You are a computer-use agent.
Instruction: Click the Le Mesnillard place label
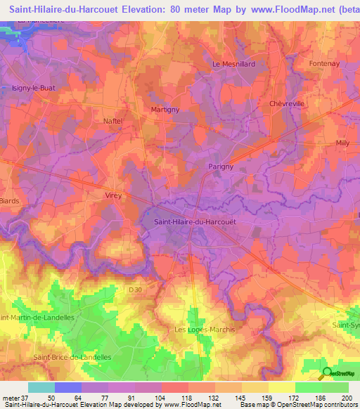(233, 64)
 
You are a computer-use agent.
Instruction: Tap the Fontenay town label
(325, 64)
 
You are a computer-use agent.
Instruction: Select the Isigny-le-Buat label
(34, 88)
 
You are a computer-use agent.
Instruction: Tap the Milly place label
(342, 143)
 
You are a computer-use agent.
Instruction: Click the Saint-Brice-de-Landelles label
(72, 357)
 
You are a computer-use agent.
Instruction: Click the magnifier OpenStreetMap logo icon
(327, 373)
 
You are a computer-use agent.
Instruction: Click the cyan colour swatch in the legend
(41, 387)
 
